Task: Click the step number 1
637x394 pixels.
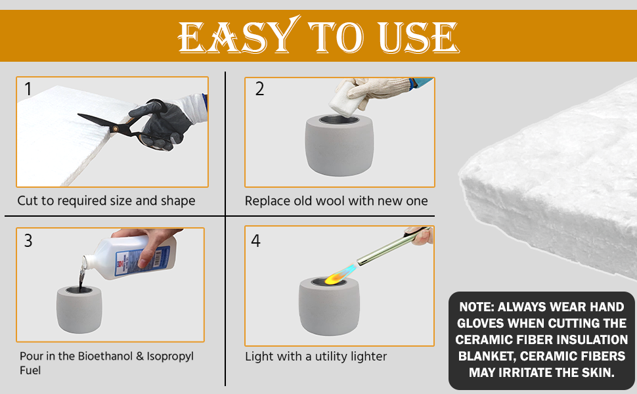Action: click(x=28, y=89)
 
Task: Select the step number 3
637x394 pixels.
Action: click(x=28, y=240)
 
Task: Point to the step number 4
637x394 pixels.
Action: click(x=255, y=241)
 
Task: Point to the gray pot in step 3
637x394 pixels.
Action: click(x=79, y=309)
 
